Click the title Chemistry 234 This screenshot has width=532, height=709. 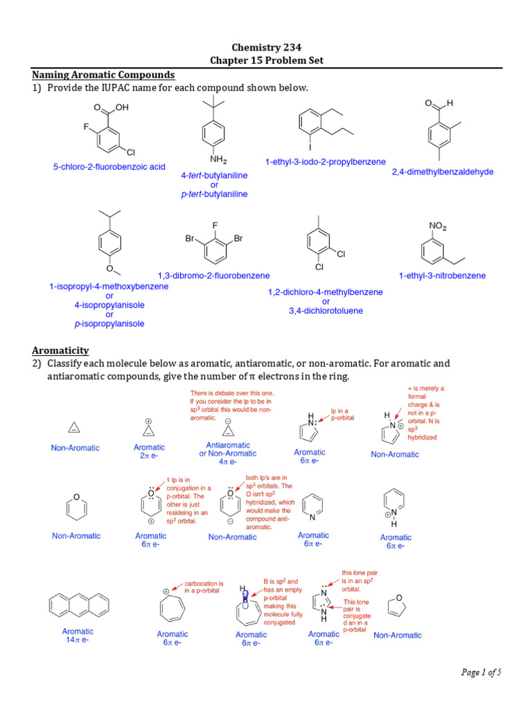tap(267, 47)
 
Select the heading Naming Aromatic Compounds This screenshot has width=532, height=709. tap(103, 75)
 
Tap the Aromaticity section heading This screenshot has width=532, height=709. tap(60, 351)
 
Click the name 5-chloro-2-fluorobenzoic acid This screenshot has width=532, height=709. tap(109, 167)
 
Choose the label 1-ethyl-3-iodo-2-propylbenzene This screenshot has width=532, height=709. tap(325, 161)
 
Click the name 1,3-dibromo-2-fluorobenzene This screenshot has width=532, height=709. tap(214, 276)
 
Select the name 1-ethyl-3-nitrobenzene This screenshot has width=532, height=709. tap(442, 276)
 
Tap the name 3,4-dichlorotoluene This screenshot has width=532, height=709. tap(326, 311)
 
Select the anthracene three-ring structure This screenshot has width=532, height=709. tap(78, 605)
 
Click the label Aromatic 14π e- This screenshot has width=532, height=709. tap(78, 636)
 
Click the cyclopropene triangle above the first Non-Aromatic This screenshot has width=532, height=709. tap(75, 428)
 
